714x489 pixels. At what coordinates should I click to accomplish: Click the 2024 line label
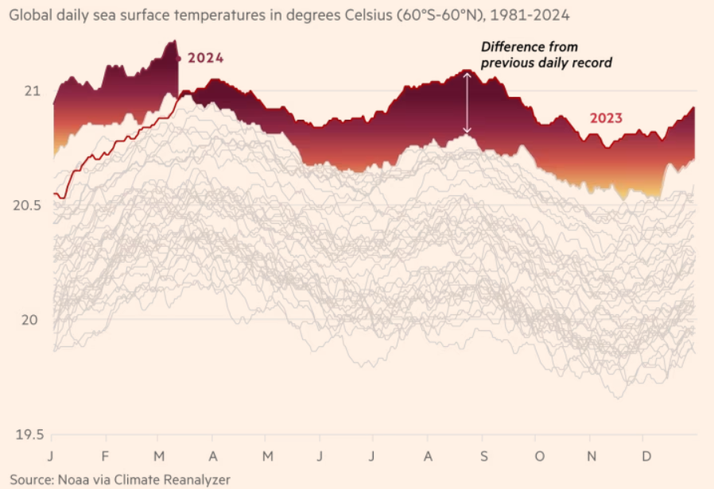[x=206, y=59]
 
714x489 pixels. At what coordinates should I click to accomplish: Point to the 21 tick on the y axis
[x=31, y=91]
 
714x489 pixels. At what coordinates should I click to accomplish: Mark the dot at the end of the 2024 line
[x=179, y=58]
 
